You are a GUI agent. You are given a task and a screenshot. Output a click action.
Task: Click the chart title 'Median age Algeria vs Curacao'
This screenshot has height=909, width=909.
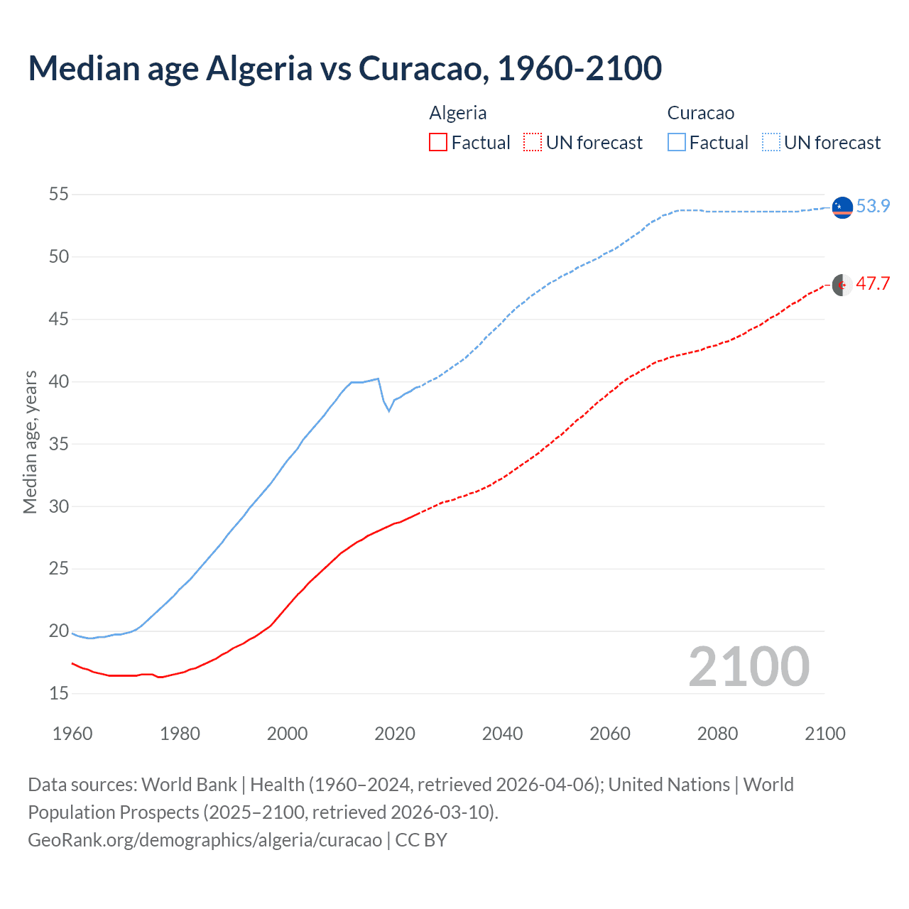point(345,68)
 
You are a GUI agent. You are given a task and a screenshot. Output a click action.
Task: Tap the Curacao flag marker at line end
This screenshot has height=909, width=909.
point(842,207)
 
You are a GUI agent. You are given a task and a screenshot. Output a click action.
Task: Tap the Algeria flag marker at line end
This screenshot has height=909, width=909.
point(842,285)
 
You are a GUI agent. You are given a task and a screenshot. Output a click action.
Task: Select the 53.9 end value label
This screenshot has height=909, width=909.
point(873,206)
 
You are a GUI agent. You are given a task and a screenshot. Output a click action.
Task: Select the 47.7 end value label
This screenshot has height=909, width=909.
point(873,284)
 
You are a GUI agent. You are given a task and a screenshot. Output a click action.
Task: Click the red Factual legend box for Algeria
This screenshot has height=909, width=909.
point(438,143)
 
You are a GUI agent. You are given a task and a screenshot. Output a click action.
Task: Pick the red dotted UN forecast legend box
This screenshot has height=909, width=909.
point(533,143)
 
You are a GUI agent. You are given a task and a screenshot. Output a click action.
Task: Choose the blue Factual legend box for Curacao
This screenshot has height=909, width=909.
point(677,143)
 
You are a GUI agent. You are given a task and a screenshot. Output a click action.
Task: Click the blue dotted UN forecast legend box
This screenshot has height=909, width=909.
point(771,143)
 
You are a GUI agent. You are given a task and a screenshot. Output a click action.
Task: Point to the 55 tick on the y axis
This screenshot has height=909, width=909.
point(59,194)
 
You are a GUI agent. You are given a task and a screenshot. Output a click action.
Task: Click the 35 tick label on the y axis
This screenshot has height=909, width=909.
point(59,444)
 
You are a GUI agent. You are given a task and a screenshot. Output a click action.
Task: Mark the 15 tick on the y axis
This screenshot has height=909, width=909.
point(59,693)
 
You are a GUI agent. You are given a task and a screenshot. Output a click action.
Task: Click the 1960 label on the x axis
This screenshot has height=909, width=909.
point(72,734)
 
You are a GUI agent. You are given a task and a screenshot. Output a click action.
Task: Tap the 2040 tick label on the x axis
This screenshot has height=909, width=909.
point(502,734)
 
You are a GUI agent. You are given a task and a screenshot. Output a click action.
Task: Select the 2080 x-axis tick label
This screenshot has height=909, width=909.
point(717,734)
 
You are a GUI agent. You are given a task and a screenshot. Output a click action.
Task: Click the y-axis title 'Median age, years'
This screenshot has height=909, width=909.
point(30,442)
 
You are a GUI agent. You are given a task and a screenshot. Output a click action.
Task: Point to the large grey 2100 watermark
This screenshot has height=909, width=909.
point(749,667)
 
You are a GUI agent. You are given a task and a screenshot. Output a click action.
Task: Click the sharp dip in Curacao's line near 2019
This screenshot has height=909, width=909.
point(388,410)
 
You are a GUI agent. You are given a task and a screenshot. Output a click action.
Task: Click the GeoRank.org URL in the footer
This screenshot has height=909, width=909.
point(205,840)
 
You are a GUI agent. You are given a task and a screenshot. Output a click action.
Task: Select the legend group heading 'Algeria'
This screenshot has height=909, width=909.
point(458,113)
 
